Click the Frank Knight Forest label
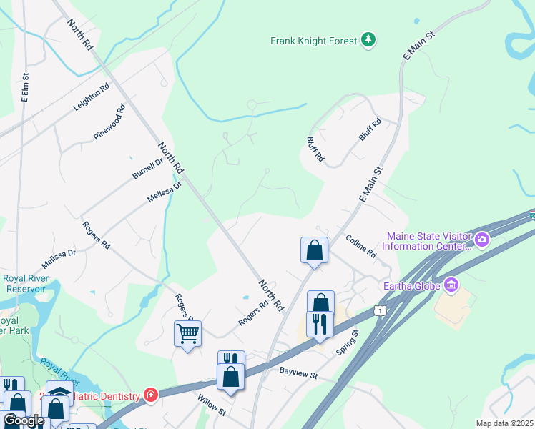[313, 41]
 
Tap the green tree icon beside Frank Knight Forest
[368, 40]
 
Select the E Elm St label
[25, 87]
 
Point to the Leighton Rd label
[91, 98]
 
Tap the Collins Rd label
[361, 246]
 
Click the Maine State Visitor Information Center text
[427, 241]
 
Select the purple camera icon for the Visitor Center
[481, 239]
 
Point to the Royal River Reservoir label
[24, 284]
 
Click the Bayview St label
[298, 373]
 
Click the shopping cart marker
[187, 332]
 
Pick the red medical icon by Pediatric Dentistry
[150, 394]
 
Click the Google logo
[23, 421]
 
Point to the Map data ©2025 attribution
[504, 423]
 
